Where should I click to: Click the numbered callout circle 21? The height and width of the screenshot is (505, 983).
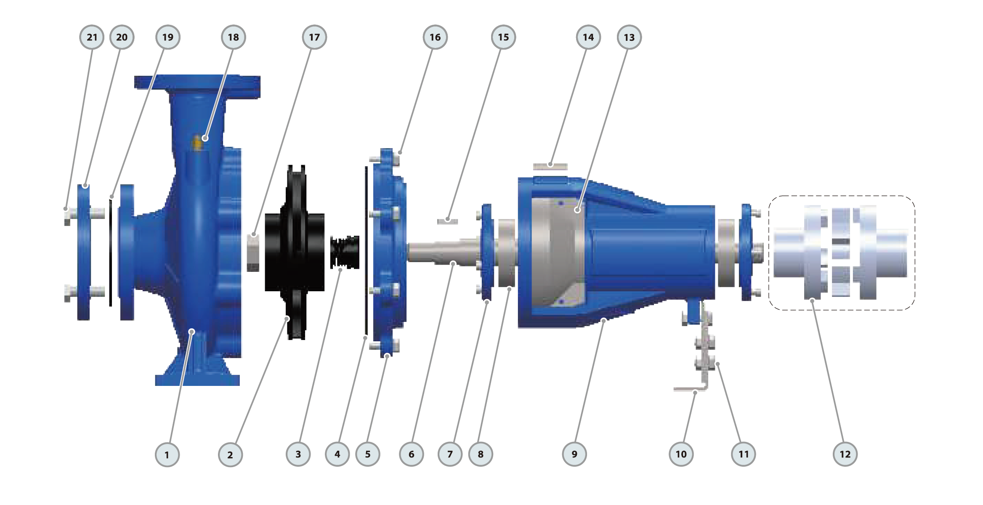(x=92, y=37)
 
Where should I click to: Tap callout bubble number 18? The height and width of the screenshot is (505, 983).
(x=234, y=37)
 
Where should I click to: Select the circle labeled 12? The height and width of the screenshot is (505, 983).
(x=845, y=454)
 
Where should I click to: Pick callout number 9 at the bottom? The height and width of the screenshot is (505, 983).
(x=574, y=454)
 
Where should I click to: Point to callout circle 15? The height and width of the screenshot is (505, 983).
(x=503, y=37)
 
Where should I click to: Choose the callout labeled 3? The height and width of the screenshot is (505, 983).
(x=298, y=454)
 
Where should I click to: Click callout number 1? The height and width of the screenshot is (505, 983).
(x=167, y=454)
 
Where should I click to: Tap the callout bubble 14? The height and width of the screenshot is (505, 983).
(x=588, y=37)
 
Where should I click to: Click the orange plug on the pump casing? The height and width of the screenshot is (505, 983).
(x=197, y=143)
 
